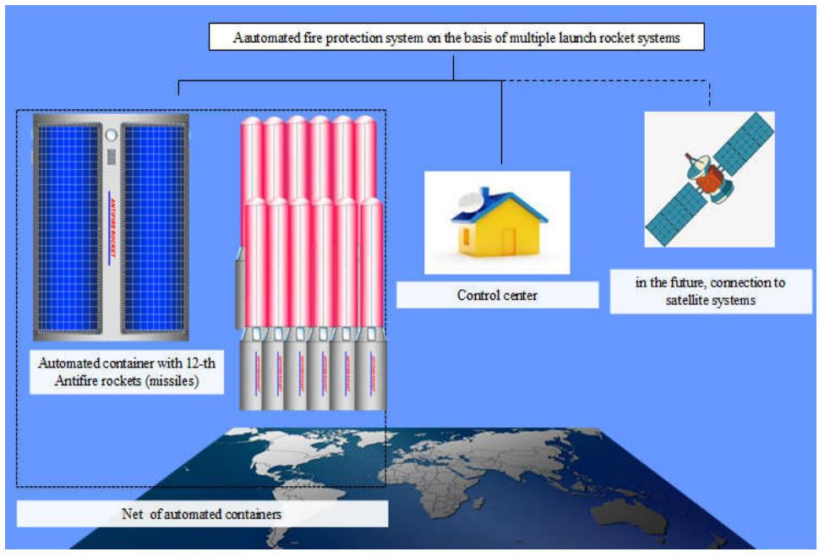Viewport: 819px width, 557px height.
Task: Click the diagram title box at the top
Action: (456, 38)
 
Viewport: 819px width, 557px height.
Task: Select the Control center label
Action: (497, 296)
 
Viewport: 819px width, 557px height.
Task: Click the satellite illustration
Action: (709, 179)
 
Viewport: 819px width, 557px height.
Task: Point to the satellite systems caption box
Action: (710, 290)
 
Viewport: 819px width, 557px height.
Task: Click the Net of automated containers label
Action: (201, 514)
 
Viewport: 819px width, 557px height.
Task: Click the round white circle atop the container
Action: (111, 135)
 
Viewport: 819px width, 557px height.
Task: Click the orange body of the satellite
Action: (713, 177)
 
